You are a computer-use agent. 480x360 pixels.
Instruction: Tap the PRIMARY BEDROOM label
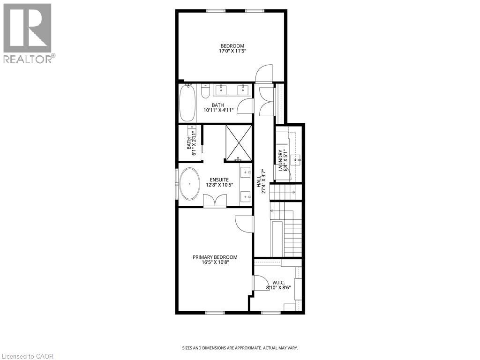(215, 257)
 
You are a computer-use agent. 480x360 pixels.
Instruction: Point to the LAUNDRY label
(281, 160)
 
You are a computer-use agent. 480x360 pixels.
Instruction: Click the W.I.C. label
(278, 283)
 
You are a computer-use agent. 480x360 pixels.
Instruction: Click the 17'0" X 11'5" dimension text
(232, 51)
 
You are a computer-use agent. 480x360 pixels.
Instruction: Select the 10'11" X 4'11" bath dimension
(218, 111)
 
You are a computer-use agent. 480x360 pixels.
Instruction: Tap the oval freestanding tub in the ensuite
(190, 184)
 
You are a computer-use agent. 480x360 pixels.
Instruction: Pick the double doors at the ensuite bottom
(215, 201)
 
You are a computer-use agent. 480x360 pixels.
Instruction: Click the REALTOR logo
(28, 33)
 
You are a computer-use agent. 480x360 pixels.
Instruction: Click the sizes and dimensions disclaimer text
(240, 348)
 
